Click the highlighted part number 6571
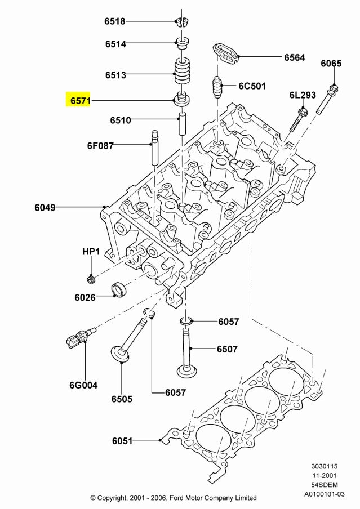point(79,101)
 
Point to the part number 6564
point(294,57)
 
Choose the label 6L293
point(303,95)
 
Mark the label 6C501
point(252,86)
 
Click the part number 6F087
point(100,145)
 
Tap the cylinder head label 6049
point(45,207)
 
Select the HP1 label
point(91,251)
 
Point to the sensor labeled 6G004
point(75,340)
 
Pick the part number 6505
point(122,399)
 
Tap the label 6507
point(227,349)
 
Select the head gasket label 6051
point(122,440)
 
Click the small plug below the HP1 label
point(90,279)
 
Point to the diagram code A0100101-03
point(325,493)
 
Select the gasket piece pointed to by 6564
point(226,52)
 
